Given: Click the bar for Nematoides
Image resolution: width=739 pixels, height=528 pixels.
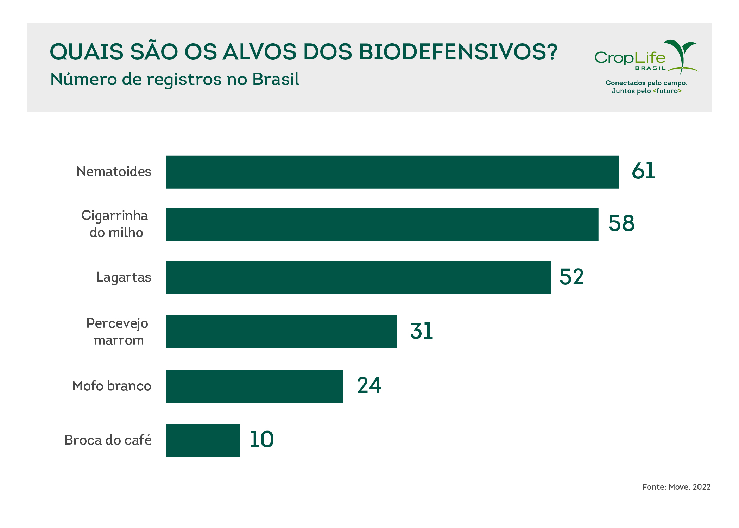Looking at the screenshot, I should tap(392, 172).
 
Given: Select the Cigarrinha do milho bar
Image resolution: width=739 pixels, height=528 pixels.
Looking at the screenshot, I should tap(382, 224).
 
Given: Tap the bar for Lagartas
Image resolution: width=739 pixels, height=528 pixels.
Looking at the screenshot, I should tap(358, 277).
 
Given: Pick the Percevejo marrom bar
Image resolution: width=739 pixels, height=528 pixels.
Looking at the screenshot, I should tap(282, 332).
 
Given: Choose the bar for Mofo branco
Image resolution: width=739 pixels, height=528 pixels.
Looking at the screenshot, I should tap(254, 386).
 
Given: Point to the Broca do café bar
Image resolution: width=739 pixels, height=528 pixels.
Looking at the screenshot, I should tap(203, 440).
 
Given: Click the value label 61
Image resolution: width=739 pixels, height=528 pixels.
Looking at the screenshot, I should tap(643, 171).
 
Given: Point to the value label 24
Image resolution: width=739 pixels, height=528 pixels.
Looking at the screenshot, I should tap(369, 385).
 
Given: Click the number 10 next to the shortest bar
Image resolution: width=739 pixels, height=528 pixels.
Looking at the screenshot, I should tap(261, 439).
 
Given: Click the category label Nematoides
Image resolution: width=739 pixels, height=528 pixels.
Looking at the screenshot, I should tap(114, 172).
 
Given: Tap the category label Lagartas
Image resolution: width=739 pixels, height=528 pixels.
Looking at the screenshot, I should tap(124, 277).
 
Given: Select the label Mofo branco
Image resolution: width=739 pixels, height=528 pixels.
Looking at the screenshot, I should tap(112, 386).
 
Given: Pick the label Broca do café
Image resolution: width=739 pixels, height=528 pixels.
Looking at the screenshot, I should tap(108, 440).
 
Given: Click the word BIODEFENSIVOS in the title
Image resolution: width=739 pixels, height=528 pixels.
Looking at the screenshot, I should tap(458, 52).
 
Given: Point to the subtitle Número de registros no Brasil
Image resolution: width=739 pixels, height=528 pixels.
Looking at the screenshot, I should tap(175, 79).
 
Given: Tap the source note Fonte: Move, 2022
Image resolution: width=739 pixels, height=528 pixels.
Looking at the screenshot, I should tap(676, 487).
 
